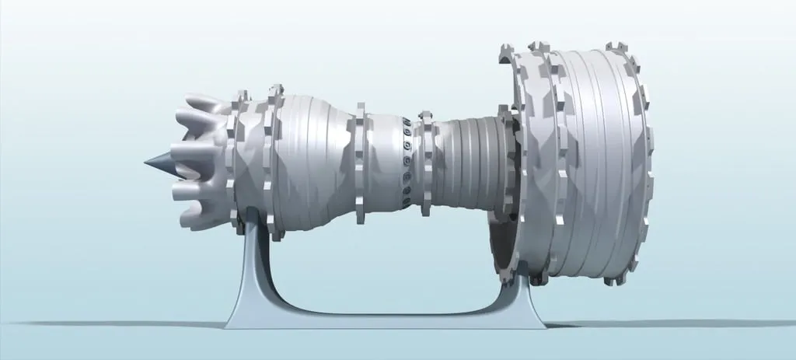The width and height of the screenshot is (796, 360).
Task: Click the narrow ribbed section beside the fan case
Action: tap(466, 163)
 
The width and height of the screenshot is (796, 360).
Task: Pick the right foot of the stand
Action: tap(544, 320)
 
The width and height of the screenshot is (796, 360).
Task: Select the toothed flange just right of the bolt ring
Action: tap(424, 159)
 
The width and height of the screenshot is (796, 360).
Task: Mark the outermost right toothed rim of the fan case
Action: tap(643, 163)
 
